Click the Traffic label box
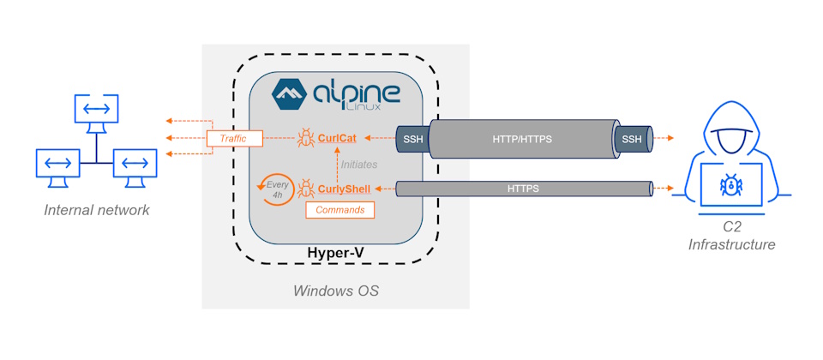point(233,138)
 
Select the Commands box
point(340,209)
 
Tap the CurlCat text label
point(338,137)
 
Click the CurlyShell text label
point(344,189)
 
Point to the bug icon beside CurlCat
point(306,137)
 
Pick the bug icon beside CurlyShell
point(305,188)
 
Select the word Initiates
point(360,163)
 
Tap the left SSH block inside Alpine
point(411,138)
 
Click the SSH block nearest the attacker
point(631,138)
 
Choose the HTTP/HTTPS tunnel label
point(522,138)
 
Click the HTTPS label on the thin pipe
point(523,188)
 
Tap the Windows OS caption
point(336,291)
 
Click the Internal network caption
point(97,210)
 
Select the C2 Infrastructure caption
point(731,237)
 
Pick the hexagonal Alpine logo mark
point(289,95)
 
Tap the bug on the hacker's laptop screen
point(731,183)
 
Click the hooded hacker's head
point(731,129)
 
